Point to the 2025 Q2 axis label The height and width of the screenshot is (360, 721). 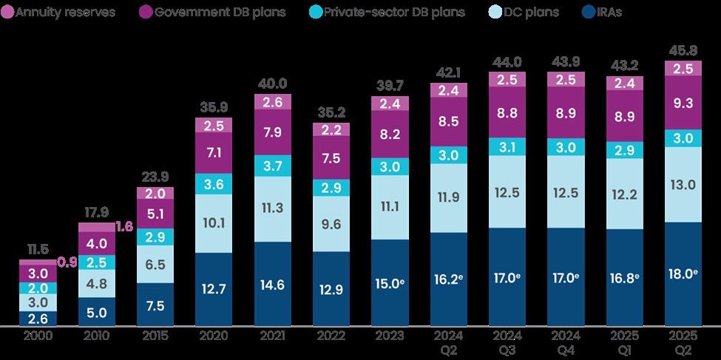point(683,343)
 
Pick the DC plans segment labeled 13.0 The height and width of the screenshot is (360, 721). point(683,184)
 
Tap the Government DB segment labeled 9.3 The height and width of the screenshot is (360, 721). point(683,103)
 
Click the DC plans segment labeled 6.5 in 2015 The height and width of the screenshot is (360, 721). point(155,262)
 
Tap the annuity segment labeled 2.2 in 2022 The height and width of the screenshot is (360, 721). point(331,129)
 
